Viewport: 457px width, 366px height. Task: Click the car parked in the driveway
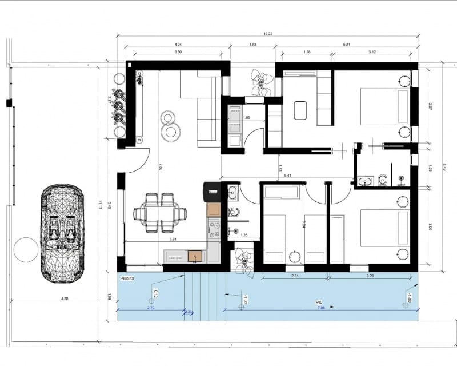click(x=62, y=233)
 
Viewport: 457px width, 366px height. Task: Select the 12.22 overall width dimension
click(x=267, y=34)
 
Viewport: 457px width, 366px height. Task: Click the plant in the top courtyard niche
click(x=262, y=81)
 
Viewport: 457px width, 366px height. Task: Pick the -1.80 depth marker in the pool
click(x=408, y=297)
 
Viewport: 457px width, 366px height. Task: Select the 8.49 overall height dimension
click(x=445, y=167)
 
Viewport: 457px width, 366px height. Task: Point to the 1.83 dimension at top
click(x=252, y=45)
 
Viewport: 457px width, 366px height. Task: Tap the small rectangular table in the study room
click(x=300, y=110)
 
